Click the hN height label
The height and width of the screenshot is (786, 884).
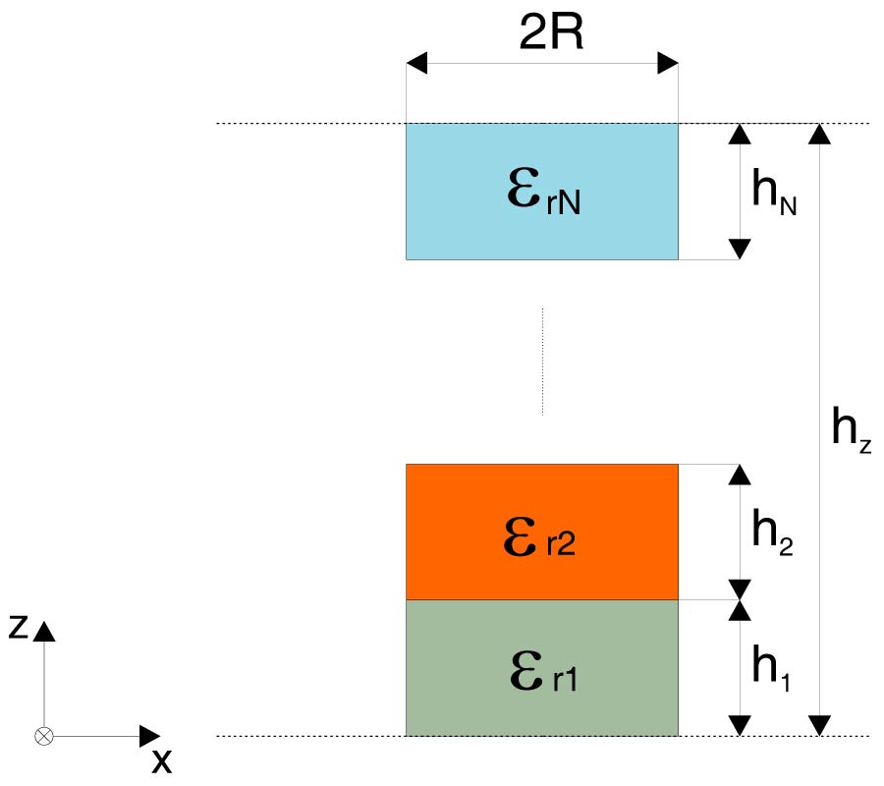tap(773, 192)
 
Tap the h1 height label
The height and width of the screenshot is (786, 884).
tap(771, 669)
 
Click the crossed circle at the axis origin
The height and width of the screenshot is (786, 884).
tap(43, 735)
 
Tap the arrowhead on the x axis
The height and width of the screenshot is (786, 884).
tap(150, 735)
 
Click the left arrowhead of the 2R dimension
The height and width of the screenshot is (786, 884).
tap(417, 64)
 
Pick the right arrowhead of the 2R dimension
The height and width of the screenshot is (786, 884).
tap(667, 64)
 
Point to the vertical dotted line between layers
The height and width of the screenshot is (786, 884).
tap(542, 361)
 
